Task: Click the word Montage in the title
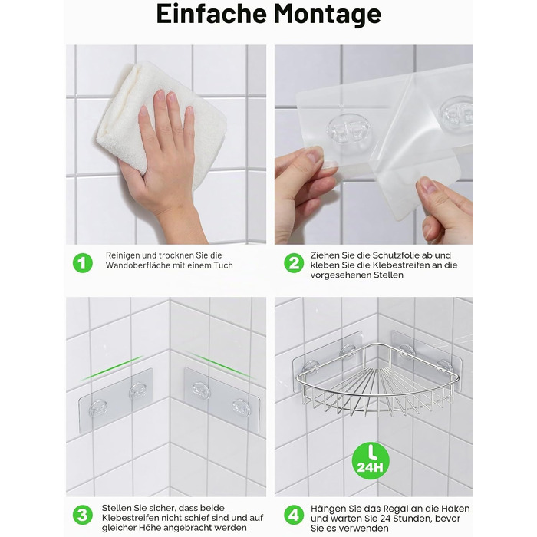pos(327,15)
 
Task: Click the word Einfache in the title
pos(211,14)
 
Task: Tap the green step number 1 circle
pos(83,263)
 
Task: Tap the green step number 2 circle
pos(294,263)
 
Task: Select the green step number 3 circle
pos(83,515)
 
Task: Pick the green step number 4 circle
pos(294,515)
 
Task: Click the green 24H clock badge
pos(371,460)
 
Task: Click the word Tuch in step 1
pos(223,265)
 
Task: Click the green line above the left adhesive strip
pos(112,368)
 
